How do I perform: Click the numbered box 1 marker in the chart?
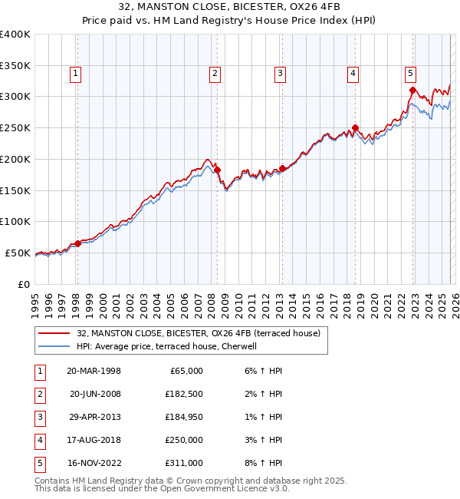pyautogui.click(x=77, y=74)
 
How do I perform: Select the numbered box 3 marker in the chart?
pyautogui.click(x=280, y=74)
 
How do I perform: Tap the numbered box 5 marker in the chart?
pyautogui.click(x=410, y=74)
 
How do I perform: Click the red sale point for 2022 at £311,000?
pyautogui.click(x=412, y=91)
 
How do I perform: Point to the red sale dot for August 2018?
pyautogui.click(x=355, y=128)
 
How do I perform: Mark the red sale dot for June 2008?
pyautogui.click(x=217, y=170)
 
